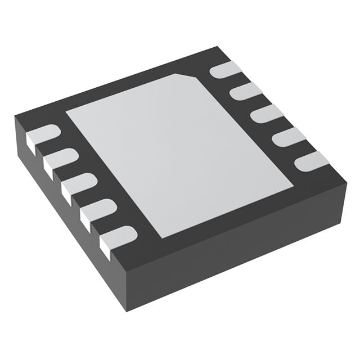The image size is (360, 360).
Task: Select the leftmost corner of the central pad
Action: coord(66,111)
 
